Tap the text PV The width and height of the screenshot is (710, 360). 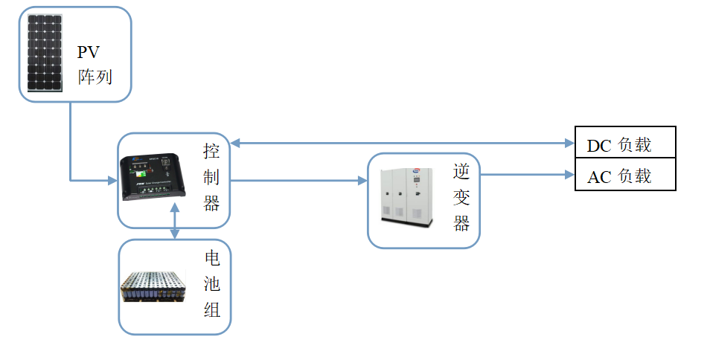click(x=89, y=52)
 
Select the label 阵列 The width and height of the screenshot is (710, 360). click(x=95, y=76)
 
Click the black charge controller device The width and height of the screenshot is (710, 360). click(x=153, y=178)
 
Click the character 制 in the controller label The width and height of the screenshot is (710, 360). click(x=212, y=179)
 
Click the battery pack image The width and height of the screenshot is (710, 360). click(x=153, y=287)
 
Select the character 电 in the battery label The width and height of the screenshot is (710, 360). click(x=213, y=260)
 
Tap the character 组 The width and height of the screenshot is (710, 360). click(x=213, y=310)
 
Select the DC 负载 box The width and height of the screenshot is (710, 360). click(x=625, y=144)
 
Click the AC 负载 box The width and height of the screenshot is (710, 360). click(x=625, y=176)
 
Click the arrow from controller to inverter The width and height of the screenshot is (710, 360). click(x=298, y=180)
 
